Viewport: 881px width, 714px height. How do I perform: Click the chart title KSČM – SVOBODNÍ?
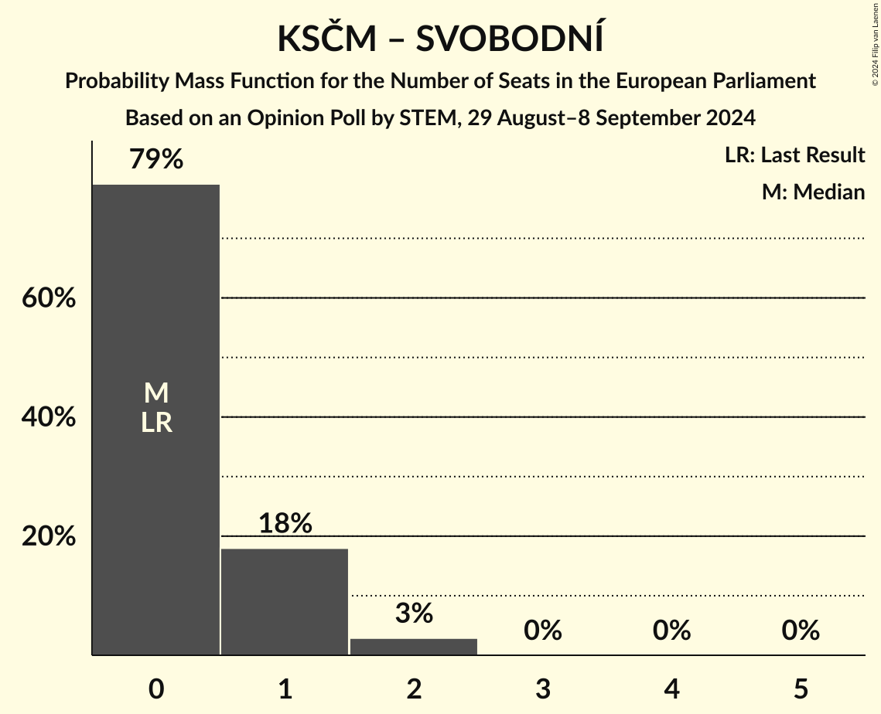tap(440, 39)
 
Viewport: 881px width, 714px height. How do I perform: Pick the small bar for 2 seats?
tap(414, 647)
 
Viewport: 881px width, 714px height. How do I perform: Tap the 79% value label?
tap(156, 160)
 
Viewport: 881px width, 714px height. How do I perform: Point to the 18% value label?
tap(285, 524)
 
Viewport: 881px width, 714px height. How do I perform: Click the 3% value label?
tap(414, 614)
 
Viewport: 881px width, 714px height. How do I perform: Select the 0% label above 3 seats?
tap(542, 631)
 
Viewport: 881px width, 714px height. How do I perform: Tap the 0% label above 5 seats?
tap(800, 631)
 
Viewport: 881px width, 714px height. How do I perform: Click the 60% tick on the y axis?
tap(48, 298)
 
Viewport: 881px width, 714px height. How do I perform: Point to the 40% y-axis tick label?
tap(48, 417)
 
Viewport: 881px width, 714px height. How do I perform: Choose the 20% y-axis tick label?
tap(48, 536)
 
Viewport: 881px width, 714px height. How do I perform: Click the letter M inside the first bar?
tap(156, 393)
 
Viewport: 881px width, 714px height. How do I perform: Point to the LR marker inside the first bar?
tap(156, 423)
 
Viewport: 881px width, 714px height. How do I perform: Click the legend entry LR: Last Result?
tap(794, 155)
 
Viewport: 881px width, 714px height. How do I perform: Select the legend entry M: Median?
tap(813, 192)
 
